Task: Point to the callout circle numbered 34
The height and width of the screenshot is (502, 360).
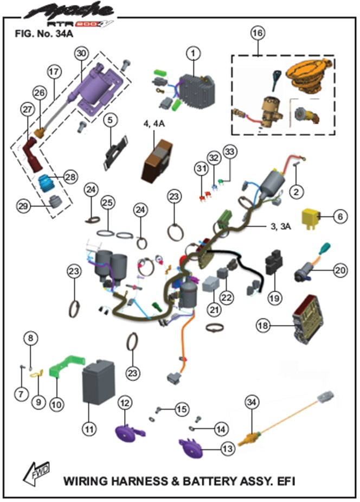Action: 250,402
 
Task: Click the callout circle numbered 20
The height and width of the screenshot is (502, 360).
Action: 340,269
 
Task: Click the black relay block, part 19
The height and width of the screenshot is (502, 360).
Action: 274,265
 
